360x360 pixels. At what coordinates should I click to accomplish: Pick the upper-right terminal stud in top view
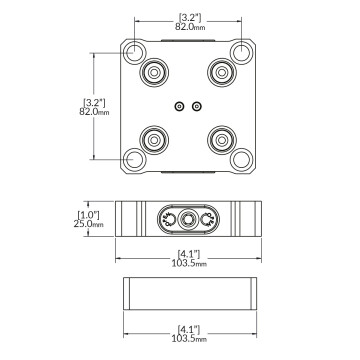pyautogui.click(x=220, y=73)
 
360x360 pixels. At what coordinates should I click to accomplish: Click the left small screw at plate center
pyautogui.click(x=179, y=105)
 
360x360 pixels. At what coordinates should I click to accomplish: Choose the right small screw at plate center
pyautogui.click(x=197, y=105)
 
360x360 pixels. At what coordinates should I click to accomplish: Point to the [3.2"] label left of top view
pyautogui.click(x=93, y=101)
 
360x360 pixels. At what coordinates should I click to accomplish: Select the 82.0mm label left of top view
pyautogui.click(x=93, y=113)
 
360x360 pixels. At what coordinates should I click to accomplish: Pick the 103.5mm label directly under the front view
pyautogui.click(x=188, y=263)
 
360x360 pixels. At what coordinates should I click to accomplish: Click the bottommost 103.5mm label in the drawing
pyautogui.click(x=188, y=340)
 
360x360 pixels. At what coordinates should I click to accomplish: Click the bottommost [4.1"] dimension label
pyautogui.click(x=188, y=329)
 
